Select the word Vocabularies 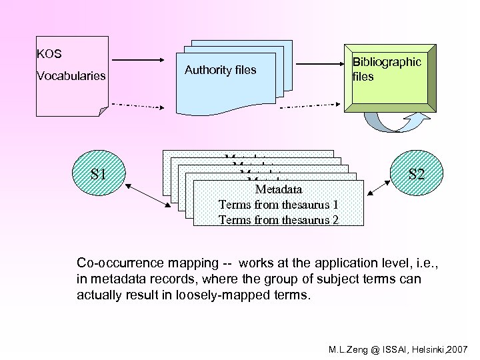click(x=71, y=75)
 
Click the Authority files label click(x=220, y=70)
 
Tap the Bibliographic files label click(x=387, y=69)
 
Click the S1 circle click(x=99, y=175)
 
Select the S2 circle click(x=417, y=175)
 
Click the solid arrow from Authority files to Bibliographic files click(x=319, y=65)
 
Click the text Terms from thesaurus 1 click(x=278, y=205)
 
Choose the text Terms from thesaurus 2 click(x=278, y=219)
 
